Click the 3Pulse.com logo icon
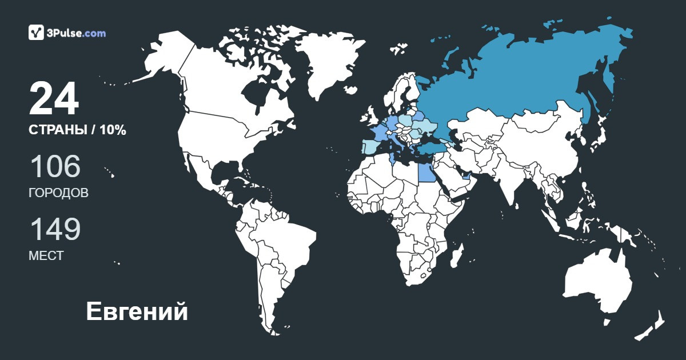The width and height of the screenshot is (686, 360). pyautogui.click(x=36, y=33)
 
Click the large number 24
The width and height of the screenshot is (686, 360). pyautogui.click(x=54, y=99)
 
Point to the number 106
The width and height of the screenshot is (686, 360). pyautogui.click(x=55, y=166)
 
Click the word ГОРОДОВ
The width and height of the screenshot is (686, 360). pyautogui.click(x=58, y=193)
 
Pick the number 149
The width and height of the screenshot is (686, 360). pyautogui.click(x=55, y=229)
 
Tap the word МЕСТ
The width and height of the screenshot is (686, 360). pyautogui.click(x=46, y=256)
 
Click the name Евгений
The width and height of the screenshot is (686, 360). pyautogui.click(x=137, y=312)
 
